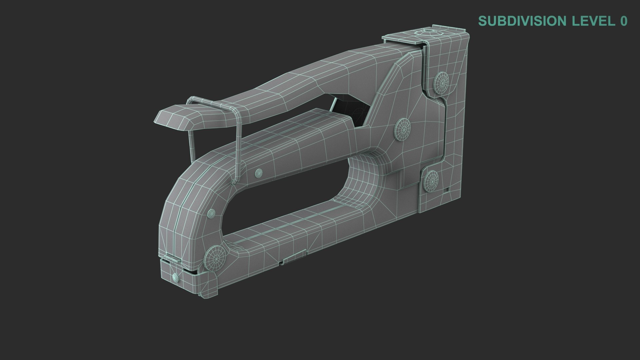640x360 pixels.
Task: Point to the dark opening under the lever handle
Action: click(x=350, y=107)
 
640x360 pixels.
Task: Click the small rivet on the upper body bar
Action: click(x=259, y=173)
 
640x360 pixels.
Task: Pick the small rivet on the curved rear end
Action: click(x=211, y=214)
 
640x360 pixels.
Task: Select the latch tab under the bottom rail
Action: click(x=293, y=257)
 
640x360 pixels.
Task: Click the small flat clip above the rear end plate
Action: click(x=169, y=258)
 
